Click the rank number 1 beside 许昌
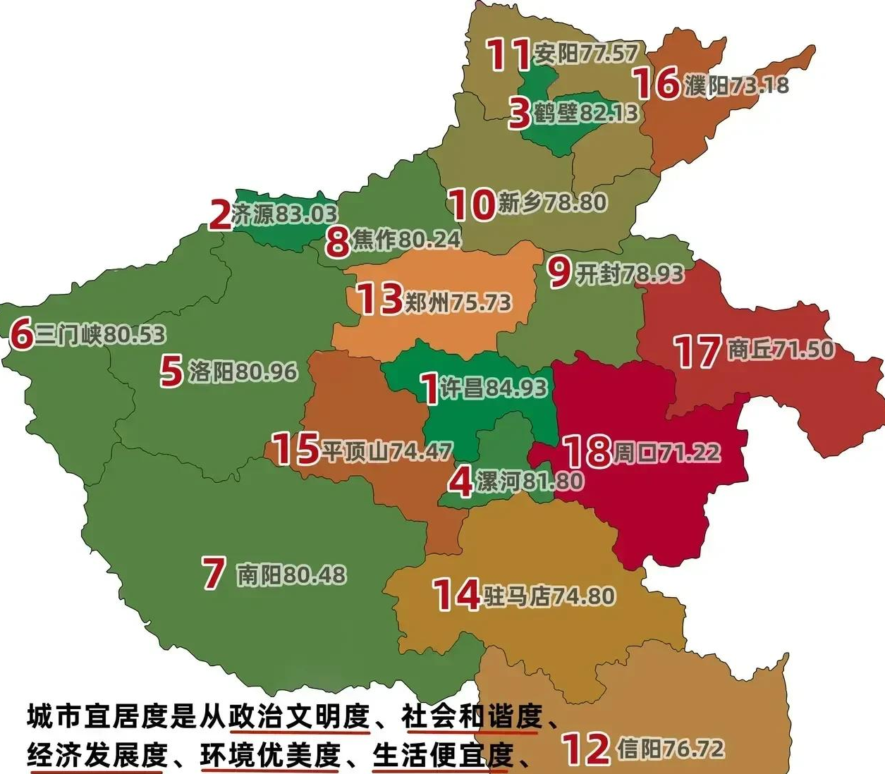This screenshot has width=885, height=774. (x=429, y=388)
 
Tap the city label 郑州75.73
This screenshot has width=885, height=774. (x=457, y=302)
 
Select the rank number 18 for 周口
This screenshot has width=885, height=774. (x=587, y=452)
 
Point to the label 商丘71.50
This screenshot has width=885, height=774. (x=781, y=349)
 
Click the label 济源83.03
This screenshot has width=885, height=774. (x=285, y=214)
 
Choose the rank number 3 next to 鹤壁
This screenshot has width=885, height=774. (x=520, y=113)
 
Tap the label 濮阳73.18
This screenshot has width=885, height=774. (x=736, y=85)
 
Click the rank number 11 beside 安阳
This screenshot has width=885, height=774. (x=508, y=54)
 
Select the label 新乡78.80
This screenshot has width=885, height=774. (x=552, y=203)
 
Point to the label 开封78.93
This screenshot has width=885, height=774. (x=630, y=274)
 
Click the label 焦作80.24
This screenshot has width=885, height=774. (x=406, y=240)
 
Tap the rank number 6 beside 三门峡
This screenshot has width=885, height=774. (x=21, y=334)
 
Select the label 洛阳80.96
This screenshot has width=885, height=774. (x=243, y=371)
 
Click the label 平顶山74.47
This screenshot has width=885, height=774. (x=386, y=451)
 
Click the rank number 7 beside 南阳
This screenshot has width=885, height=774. (x=214, y=574)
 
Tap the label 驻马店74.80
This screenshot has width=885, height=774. (x=549, y=596)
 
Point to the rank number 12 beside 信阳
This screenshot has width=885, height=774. (x=585, y=749)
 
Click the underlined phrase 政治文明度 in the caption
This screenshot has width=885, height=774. (x=299, y=717)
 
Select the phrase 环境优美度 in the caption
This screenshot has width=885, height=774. (x=270, y=755)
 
